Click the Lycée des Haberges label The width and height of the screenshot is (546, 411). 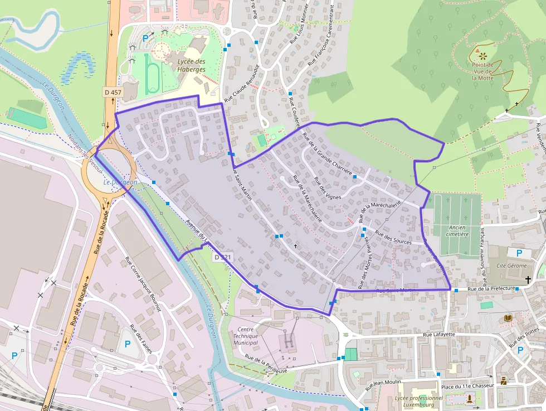click(x=191, y=65)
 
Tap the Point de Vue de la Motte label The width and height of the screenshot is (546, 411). click(x=482, y=71)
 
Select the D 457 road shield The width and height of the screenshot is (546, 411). click(x=113, y=92)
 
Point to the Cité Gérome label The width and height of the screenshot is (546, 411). click(x=511, y=265)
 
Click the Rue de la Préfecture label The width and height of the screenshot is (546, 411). click(x=490, y=289)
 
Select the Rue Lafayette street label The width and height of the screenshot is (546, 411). click(x=439, y=335)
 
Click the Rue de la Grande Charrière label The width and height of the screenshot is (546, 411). click(x=327, y=154)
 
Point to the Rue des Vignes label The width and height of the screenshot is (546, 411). click(x=327, y=188)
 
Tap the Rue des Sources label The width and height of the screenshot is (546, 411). click(x=393, y=238)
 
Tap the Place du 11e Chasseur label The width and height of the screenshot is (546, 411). click(x=467, y=386)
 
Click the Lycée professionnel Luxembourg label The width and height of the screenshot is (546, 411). click(x=418, y=402)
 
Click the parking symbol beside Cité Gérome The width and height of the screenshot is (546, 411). click(x=519, y=253)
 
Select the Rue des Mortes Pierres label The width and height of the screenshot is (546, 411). click(x=364, y=262)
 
